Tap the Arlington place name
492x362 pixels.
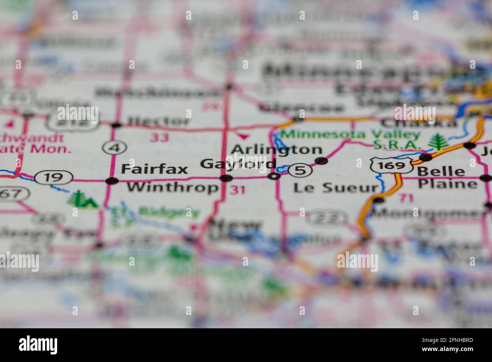[x=276, y=150]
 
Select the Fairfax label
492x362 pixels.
[x=154, y=169]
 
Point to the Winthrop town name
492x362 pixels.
[x=173, y=187]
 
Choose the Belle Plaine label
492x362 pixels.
[x=447, y=178]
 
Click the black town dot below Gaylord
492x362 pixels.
[x=226, y=178]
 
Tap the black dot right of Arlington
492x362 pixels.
[x=321, y=161]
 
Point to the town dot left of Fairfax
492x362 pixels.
[x=112, y=181]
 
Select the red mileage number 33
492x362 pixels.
[x=159, y=137]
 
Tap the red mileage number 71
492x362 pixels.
[x=404, y=197]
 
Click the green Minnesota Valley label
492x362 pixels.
[x=350, y=134]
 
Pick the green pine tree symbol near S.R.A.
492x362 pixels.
[x=438, y=142]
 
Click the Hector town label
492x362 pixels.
[x=158, y=121]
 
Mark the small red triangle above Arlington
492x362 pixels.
[x=243, y=135]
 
